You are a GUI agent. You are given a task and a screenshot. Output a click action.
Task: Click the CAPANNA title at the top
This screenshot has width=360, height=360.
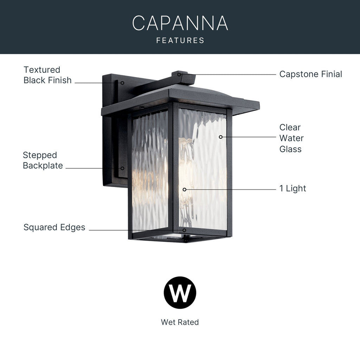pyautogui.click(x=180, y=23)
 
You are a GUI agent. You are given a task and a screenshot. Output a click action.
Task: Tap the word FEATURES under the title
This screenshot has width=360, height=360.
pyautogui.click(x=180, y=40)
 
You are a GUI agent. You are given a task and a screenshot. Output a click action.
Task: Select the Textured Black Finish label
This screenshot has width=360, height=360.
pyautogui.click(x=47, y=75)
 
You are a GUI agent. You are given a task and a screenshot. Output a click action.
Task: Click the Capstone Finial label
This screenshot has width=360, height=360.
pyautogui.click(x=311, y=74)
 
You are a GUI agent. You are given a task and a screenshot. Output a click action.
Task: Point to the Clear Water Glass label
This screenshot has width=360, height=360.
pyautogui.click(x=291, y=138)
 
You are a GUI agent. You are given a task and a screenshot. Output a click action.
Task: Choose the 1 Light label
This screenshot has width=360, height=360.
pyautogui.click(x=293, y=188)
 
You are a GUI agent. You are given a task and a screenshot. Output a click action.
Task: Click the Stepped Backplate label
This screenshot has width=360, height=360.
pyautogui.click(x=43, y=160)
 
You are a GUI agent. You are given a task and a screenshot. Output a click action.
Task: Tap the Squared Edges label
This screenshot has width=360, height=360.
pyautogui.click(x=54, y=227)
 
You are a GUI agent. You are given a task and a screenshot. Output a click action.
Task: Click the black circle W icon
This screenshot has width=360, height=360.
pyautogui.click(x=180, y=292)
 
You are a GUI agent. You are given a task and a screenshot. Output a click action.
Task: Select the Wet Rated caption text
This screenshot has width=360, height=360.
pyautogui.click(x=180, y=322)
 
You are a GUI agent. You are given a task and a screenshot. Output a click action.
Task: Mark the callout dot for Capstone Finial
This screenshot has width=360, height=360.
pyautogui.click(x=179, y=75)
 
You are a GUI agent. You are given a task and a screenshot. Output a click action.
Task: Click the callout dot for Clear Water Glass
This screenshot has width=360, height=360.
pyautogui.click(x=221, y=137)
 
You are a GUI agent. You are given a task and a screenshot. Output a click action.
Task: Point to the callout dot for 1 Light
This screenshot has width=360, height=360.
pyautogui.click(x=184, y=189)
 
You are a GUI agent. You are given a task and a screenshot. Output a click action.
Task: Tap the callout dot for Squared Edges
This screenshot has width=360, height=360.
pyautogui.click(x=184, y=230)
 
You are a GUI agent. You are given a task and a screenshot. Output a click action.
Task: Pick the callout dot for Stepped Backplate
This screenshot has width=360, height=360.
pyautogui.click(x=122, y=168)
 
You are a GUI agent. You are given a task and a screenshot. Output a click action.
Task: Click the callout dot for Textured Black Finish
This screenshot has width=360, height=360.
pyautogui.click(x=122, y=83)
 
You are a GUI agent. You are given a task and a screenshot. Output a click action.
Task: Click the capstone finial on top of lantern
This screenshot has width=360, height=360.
pyautogui.click(x=184, y=78)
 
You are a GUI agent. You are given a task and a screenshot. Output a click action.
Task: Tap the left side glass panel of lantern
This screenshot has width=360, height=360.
pyautogui.click(x=150, y=171)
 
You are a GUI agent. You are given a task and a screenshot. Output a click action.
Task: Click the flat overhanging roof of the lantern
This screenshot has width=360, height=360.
pyautogui.click(x=180, y=101)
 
